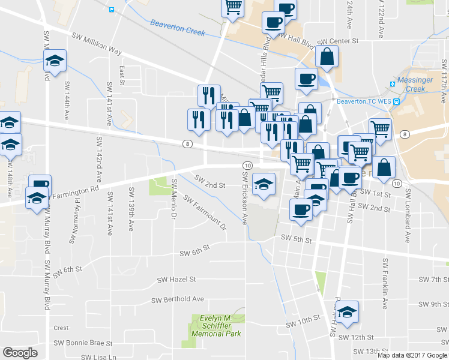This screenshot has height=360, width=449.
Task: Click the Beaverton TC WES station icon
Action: coord(396,101)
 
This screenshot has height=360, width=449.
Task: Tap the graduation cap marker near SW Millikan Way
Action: coord(55,61)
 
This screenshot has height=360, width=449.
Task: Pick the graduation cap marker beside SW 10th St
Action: coord(347,312)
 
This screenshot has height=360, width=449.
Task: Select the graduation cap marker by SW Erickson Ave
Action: coord(264,184)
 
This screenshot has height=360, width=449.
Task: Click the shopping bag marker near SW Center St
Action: coord(327,56)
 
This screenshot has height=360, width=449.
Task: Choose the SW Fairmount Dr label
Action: coord(205,213)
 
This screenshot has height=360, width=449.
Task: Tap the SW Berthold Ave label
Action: coord(178,299)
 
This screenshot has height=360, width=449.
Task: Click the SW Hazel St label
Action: coord(176,280)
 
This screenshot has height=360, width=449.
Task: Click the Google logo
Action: coord(20,353)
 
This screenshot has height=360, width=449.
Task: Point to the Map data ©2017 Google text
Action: coord(412,355)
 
